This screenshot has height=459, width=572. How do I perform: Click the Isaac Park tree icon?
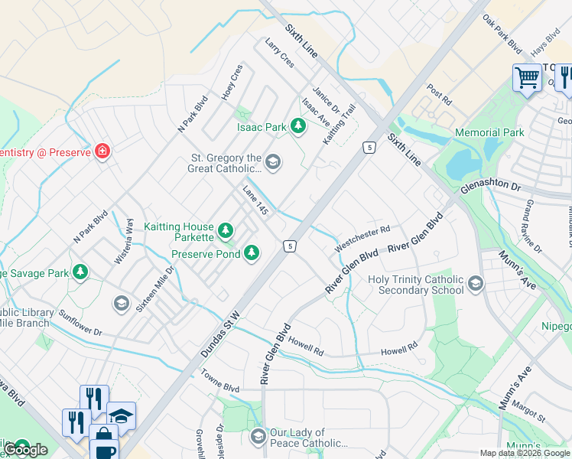[x=297, y=126]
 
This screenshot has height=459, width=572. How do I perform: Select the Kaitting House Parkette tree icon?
[x=225, y=229]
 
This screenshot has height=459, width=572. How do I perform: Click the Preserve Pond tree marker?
[x=251, y=253]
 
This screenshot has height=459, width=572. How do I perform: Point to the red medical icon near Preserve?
[x=102, y=151]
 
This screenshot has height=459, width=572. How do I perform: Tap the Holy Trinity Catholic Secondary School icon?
[x=475, y=285]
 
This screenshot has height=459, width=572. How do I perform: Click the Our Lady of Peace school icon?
[x=258, y=437]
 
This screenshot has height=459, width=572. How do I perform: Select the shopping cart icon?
[x=527, y=77]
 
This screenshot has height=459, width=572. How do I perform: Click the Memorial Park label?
[x=489, y=132]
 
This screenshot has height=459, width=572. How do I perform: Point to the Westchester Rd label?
[x=362, y=237]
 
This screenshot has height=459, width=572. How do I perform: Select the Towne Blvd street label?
[x=220, y=382]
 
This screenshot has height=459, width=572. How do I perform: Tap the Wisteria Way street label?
[x=124, y=242]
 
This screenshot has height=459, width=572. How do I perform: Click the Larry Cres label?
[x=279, y=54]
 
